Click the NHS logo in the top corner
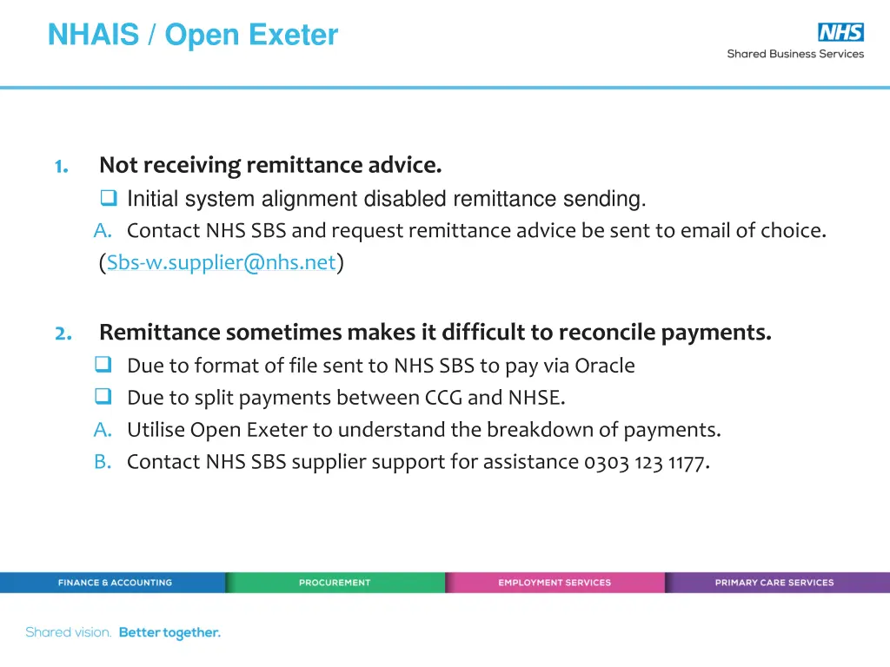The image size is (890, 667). click(840, 32)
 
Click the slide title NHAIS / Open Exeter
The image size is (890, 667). click(193, 36)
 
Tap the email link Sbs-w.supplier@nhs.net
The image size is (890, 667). click(221, 263)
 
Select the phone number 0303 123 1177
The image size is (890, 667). click(645, 462)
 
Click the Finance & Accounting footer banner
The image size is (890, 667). click(114, 583)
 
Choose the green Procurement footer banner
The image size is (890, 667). click(335, 583)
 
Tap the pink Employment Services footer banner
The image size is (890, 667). click(555, 583)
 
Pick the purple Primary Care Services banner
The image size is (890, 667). click(774, 583)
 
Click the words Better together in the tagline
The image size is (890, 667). click(169, 633)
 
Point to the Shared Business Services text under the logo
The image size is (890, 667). click(795, 54)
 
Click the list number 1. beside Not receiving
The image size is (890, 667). click(62, 166)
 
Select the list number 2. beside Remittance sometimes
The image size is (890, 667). click(63, 333)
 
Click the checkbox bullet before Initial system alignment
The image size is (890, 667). click(109, 199)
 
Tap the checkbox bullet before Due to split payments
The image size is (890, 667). click(103, 398)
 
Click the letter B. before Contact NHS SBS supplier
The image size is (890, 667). click(103, 462)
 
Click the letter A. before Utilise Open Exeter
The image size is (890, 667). click(103, 430)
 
